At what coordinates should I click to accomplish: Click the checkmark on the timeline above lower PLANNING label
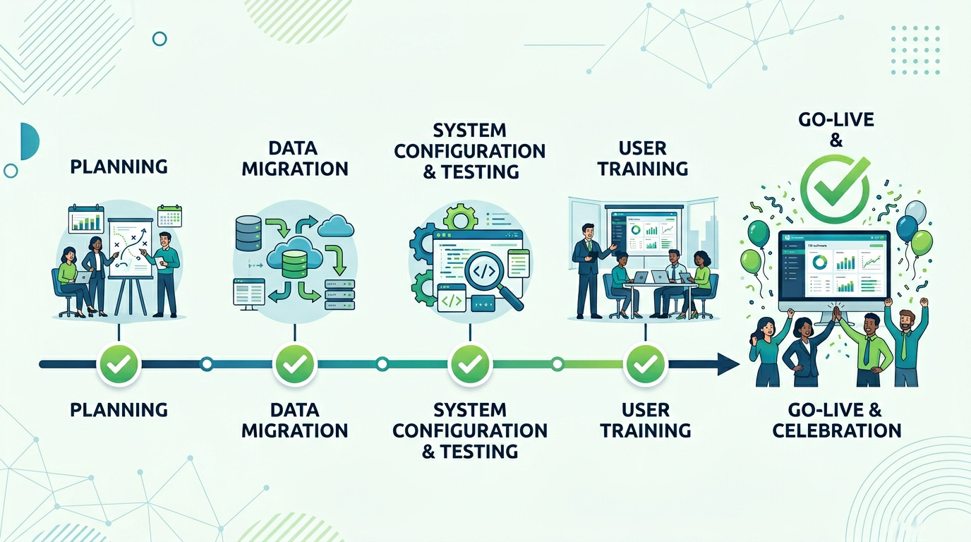[x=119, y=364]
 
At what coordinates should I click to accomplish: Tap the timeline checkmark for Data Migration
[x=294, y=364]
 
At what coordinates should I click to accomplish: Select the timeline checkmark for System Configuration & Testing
[x=469, y=364]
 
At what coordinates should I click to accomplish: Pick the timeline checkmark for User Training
[x=645, y=364]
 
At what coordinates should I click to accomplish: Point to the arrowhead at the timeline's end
[x=727, y=364]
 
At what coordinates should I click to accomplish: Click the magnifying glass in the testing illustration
[x=488, y=271]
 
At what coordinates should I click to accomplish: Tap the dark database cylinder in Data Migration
[x=248, y=234]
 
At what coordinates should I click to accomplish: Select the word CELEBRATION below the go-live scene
[x=837, y=430]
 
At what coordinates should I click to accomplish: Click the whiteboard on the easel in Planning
[x=131, y=247]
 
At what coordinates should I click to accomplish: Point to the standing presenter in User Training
[x=588, y=268]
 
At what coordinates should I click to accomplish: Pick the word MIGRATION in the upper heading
[x=294, y=169]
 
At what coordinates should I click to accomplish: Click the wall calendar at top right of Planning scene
[x=170, y=216]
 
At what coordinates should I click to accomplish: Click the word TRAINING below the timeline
[x=645, y=430]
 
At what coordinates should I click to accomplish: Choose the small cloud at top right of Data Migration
[x=336, y=227]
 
